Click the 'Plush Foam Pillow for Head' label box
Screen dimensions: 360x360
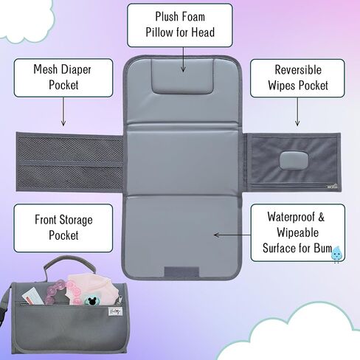click(180, 25)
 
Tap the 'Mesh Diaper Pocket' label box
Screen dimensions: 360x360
click(63, 77)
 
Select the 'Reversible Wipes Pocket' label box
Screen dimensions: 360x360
click(297, 78)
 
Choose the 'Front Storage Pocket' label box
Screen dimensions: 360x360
click(63, 228)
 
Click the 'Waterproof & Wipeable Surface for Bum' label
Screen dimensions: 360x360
click(298, 232)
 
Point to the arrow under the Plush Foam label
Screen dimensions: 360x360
click(183, 60)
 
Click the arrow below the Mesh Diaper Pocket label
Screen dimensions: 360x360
click(63, 111)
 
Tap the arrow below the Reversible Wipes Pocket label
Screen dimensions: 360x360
click(297, 112)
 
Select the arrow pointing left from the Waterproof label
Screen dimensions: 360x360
click(232, 235)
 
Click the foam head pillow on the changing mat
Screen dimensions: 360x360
click(182, 76)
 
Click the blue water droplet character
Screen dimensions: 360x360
click(336, 254)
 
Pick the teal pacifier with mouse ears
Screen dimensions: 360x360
click(92, 300)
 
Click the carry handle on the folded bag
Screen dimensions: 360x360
click(68, 266)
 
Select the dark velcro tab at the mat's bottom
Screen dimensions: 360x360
click(181, 271)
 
